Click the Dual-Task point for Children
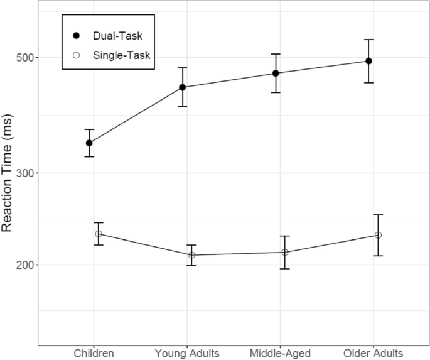click(90, 143)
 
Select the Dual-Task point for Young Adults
click(183, 87)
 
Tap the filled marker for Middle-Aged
click(276, 74)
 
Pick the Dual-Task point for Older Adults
click(369, 61)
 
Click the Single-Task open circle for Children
click(99, 234)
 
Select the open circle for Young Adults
click(191, 255)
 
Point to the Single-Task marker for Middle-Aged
click(284, 253)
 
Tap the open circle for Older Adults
click(378, 235)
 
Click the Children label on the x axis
click(94, 352)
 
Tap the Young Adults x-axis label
click(186, 352)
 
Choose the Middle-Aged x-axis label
click(280, 352)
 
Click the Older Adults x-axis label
click(373, 352)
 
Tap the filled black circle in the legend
click(77, 38)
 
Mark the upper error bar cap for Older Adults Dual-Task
click(369, 40)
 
